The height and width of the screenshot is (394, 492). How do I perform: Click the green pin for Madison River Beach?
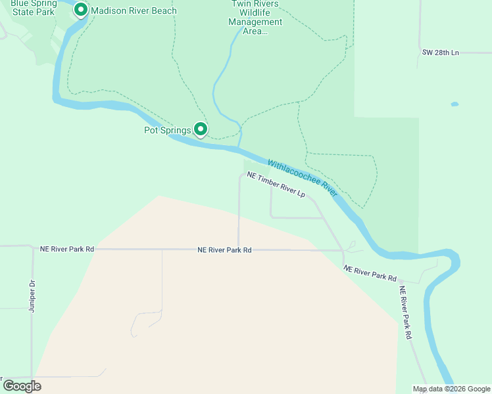pyautogui.click(x=81, y=10)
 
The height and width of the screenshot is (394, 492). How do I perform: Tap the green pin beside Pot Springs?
pyautogui.click(x=201, y=129)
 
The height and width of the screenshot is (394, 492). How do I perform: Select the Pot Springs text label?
pyautogui.click(x=167, y=130)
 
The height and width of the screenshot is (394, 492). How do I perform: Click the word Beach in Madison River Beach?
pyautogui.click(x=162, y=11)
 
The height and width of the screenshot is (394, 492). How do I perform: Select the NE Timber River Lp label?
pyautogui.click(x=276, y=185)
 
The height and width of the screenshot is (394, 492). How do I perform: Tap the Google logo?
pyautogui.click(x=22, y=386)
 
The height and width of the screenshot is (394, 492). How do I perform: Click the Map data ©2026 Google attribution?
pyautogui.click(x=451, y=389)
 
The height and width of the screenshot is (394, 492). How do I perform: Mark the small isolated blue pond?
pyautogui.click(x=455, y=104)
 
